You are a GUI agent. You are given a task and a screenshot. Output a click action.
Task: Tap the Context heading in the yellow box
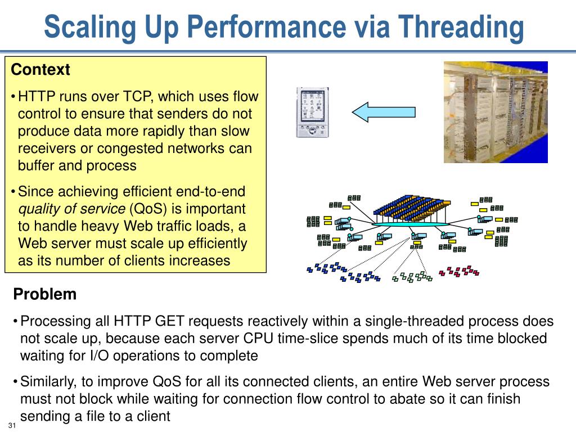[x=40, y=70]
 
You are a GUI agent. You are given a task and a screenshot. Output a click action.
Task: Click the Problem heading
[x=45, y=294]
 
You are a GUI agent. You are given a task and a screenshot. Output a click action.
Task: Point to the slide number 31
[x=12, y=425]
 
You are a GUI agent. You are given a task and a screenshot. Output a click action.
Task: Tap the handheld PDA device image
[x=312, y=112]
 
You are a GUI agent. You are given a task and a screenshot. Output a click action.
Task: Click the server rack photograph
[x=496, y=112]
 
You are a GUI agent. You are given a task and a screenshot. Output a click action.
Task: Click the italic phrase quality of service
[x=72, y=209]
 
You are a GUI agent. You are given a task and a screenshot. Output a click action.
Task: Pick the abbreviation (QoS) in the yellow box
[x=148, y=209]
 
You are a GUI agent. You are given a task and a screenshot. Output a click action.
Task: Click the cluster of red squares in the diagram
[x=459, y=271]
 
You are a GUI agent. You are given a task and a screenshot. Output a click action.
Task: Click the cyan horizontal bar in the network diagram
[x=410, y=224]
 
